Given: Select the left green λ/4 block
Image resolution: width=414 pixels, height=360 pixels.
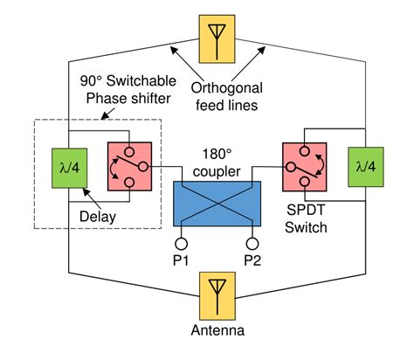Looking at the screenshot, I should pyautogui.click(x=69, y=163).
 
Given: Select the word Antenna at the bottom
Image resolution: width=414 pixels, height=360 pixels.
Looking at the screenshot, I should pyautogui.click(x=214, y=330).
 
